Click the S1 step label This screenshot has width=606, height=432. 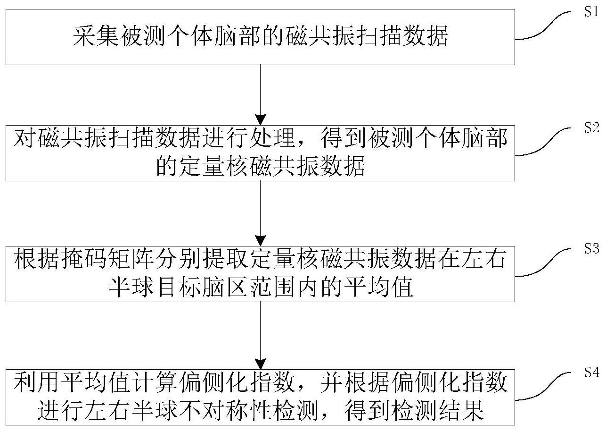click(x=591, y=11)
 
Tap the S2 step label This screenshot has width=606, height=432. click(x=591, y=127)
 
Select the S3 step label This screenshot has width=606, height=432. click(x=591, y=248)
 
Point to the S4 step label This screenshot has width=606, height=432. click(x=591, y=372)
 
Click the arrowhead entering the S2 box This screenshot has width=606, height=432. click(x=260, y=120)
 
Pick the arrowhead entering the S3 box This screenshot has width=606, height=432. click(x=260, y=241)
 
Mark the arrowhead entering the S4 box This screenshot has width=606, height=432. click(x=260, y=364)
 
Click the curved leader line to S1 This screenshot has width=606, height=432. click(x=542, y=26)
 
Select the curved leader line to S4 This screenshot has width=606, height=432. click(x=542, y=386)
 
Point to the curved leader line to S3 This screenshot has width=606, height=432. click(x=542, y=263)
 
